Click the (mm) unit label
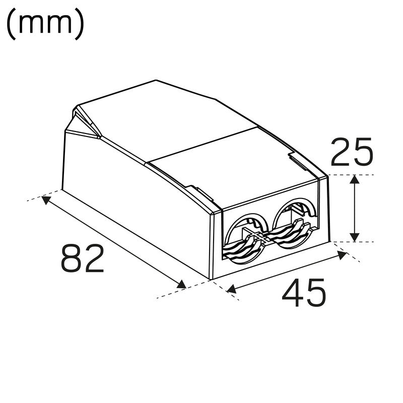[x=45, y=25]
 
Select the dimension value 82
[x=83, y=258]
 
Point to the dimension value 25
[x=352, y=152]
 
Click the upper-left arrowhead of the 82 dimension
[x=46, y=200]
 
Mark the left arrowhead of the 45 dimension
[x=232, y=289]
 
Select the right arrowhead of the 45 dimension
[x=343, y=254]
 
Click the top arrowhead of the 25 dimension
[x=355, y=180]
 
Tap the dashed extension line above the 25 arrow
[x=353, y=175]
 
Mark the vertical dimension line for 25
[x=355, y=208]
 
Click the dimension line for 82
[x=114, y=242]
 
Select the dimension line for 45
[x=287, y=272]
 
